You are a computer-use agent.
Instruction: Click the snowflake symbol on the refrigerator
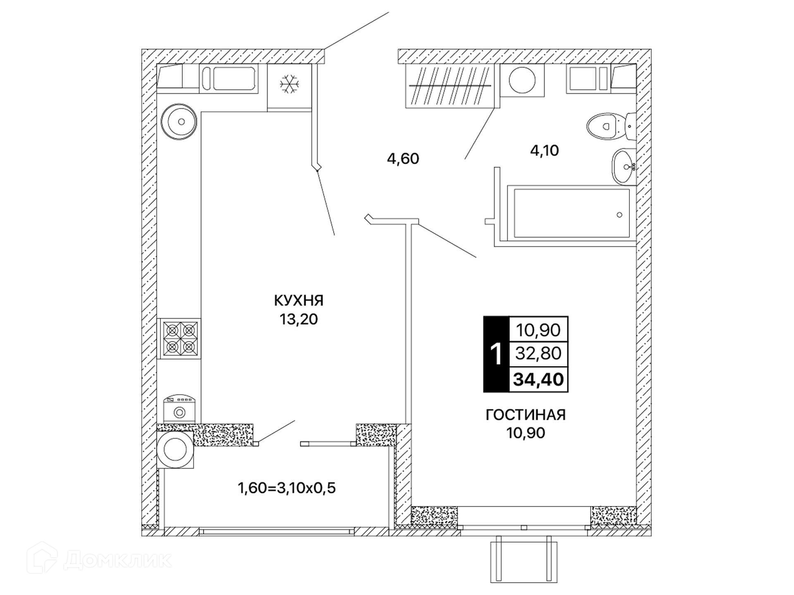click(289, 84)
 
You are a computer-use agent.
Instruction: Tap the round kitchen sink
click(179, 122)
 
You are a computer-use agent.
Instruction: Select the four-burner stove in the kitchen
click(179, 338)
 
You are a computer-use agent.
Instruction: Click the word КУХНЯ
click(299, 300)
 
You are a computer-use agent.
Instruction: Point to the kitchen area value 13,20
click(299, 319)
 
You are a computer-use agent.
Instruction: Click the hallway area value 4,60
click(403, 158)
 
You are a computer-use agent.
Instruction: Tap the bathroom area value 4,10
click(544, 150)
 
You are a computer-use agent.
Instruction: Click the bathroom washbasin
click(624, 167)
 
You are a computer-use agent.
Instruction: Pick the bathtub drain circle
click(619, 215)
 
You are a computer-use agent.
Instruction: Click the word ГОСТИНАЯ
click(525, 414)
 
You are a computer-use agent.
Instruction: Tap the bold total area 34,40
click(538, 379)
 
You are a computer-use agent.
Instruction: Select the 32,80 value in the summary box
click(538, 353)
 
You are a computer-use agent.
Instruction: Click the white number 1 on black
click(496, 354)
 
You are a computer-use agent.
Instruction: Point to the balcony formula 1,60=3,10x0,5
click(287, 488)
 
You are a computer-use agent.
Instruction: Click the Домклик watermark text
click(118, 560)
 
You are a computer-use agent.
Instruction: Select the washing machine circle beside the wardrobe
click(522, 80)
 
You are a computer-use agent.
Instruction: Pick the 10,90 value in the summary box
click(538, 330)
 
